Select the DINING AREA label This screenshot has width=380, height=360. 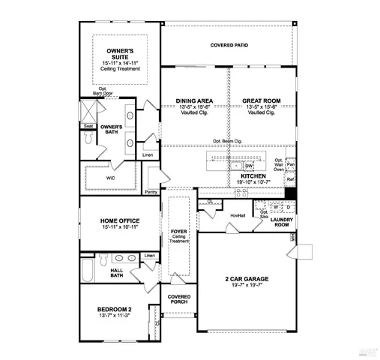point(195,100)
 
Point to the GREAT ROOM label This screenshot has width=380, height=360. point(260,100)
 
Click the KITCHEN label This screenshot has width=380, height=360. point(253,176)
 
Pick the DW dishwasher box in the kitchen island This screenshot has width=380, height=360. point(249,165)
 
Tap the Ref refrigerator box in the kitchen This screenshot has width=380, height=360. point(290,180)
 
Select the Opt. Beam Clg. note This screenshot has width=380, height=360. point(226,141)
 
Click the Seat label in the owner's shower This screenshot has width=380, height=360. point(88,126)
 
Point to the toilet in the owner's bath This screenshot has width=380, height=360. point(87,139)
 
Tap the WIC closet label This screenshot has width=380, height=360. point(110,178)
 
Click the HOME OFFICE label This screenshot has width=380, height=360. point(120,220)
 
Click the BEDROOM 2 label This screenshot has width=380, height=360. point(115,310)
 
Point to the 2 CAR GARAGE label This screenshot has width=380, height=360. point(247,279)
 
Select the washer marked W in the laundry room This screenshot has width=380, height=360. point(275,207)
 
